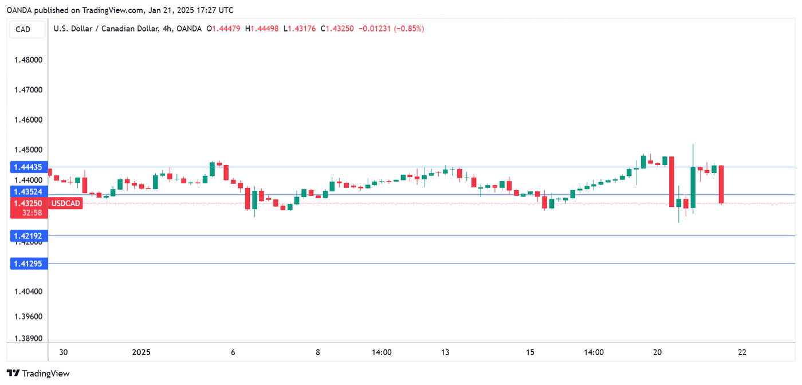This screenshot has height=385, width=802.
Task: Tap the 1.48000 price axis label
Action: click(x=27, y=60)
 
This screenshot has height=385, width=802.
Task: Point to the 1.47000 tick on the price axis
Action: click(x=27, y=90)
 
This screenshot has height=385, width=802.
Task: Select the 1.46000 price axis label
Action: click(x=27, y=120)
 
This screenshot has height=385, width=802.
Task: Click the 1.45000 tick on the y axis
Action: click(x=27, y=150)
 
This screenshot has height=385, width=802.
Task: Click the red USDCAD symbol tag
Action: click(x=66, y=203)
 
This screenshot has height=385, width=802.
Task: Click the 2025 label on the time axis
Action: click(x=141, y=352)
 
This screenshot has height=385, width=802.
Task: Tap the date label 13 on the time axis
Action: click(x=445, y=352)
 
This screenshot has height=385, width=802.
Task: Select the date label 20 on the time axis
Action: click(x=657, y=352)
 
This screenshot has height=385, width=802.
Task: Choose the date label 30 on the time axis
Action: click(x=64, y=352)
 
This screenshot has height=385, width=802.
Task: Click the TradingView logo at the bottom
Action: click(x=38, y=374)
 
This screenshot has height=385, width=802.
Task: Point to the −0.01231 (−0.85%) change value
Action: click(x=391, y=29)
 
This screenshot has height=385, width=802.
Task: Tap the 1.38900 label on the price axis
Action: click(x=27, y=339)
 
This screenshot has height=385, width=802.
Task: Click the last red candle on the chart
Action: click(x=722, y=184)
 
